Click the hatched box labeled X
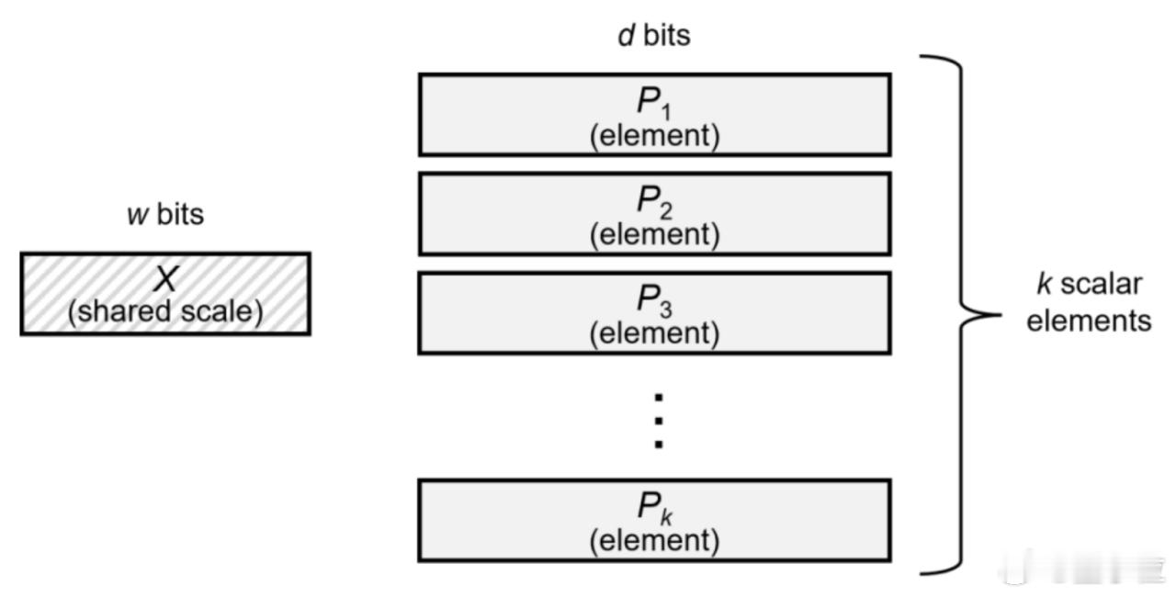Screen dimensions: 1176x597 (165, 294)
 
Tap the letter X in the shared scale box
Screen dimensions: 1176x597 (166, 278)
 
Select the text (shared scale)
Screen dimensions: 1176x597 (165, 311)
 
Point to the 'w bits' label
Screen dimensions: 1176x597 (165, 214)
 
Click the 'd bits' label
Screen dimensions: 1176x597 (654, 36)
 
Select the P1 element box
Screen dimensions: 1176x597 (655, 115)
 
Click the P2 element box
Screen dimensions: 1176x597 (655, 213)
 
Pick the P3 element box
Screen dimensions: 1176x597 (655, 313)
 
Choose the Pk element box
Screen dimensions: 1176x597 (655, 521)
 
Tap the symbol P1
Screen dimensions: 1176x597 (654, 103)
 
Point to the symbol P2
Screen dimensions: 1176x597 (654, 202)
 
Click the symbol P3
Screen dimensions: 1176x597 (654, 301)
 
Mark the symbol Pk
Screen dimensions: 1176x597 (654, 508)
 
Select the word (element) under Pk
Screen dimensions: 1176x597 (655, 541)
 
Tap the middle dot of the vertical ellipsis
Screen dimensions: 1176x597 (659, 421)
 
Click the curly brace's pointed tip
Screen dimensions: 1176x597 (1001, 315)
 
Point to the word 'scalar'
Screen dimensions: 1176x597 (1101, 285)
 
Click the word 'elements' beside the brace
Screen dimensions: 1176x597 (1089, 321)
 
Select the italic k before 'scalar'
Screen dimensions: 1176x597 (1044, 285)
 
